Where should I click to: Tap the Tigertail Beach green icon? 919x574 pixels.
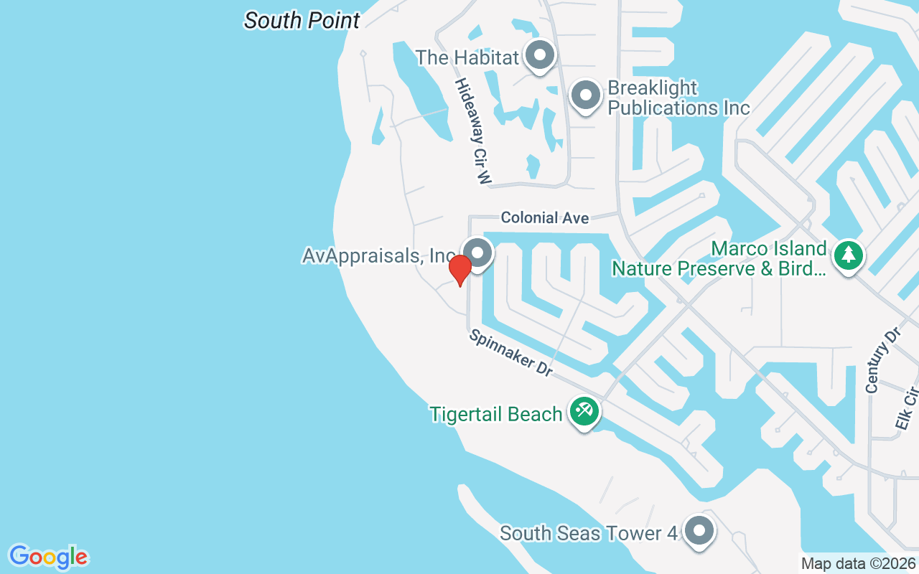point(584,412)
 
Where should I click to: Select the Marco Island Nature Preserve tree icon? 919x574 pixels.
point(849,255)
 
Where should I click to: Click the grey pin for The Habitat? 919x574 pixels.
point(539,55)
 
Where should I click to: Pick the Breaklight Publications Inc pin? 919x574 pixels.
point(585,95)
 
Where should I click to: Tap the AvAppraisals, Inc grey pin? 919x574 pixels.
point(477,253)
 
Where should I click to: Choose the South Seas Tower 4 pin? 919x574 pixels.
point(699,532)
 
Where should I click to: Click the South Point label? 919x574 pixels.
point(302,20)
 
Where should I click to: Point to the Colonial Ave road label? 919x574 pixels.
point(545,217)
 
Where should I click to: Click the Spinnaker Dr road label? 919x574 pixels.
point(510,353)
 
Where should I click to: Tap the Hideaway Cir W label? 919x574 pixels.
point(472,132)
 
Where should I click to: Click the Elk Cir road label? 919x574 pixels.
point(908,409)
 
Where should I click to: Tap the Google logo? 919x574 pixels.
point(49,557)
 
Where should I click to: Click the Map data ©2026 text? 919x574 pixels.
point(858,563)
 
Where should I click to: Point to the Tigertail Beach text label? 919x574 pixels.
point(495,414)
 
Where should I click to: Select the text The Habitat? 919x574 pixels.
point(467,57)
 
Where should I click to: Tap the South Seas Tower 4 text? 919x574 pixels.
point(589,533)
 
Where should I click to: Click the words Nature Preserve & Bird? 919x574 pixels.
point(718,268)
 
